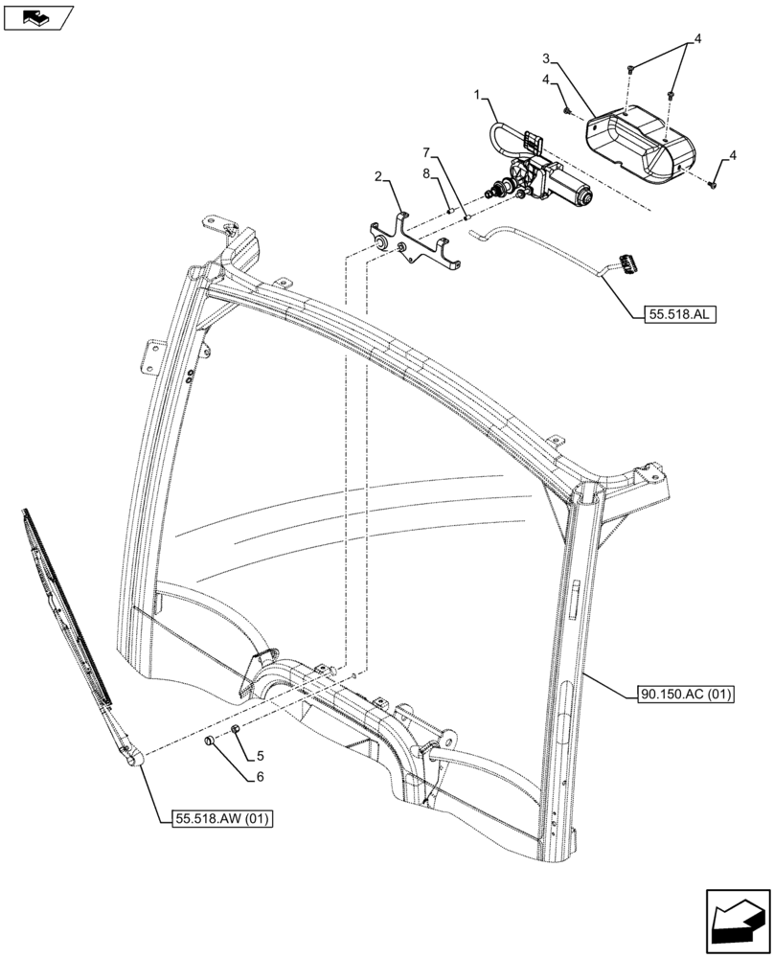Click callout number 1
(477, 95)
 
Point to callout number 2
(379, 176)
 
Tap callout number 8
(426, 173)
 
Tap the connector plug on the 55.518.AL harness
(627, 260)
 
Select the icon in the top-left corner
(38, 16)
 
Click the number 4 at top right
(697, 39)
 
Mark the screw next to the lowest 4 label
(714, 183)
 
